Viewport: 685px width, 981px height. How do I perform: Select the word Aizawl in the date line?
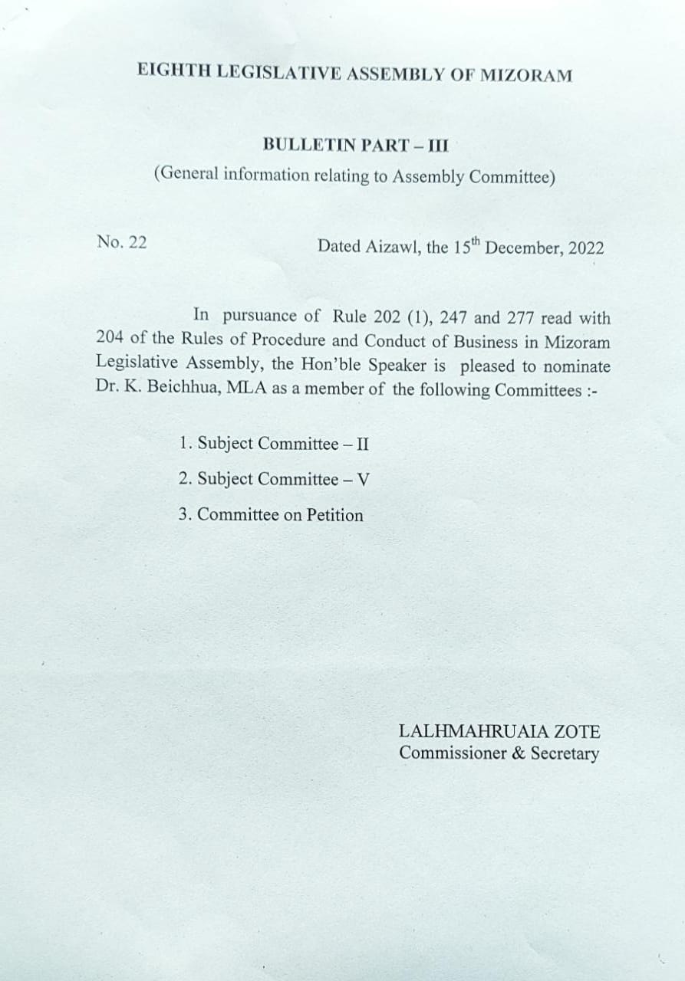coord(393,247)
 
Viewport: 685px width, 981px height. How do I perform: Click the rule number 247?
coord(453,317)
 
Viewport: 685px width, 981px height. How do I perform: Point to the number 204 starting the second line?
coord(111,338)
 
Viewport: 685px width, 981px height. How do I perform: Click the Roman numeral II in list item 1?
coord(363,445)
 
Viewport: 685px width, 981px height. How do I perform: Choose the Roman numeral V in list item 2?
coord(364,481)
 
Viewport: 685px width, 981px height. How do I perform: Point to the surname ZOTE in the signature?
coord(579,732)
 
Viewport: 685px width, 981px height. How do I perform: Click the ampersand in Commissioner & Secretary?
coord(518,753)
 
